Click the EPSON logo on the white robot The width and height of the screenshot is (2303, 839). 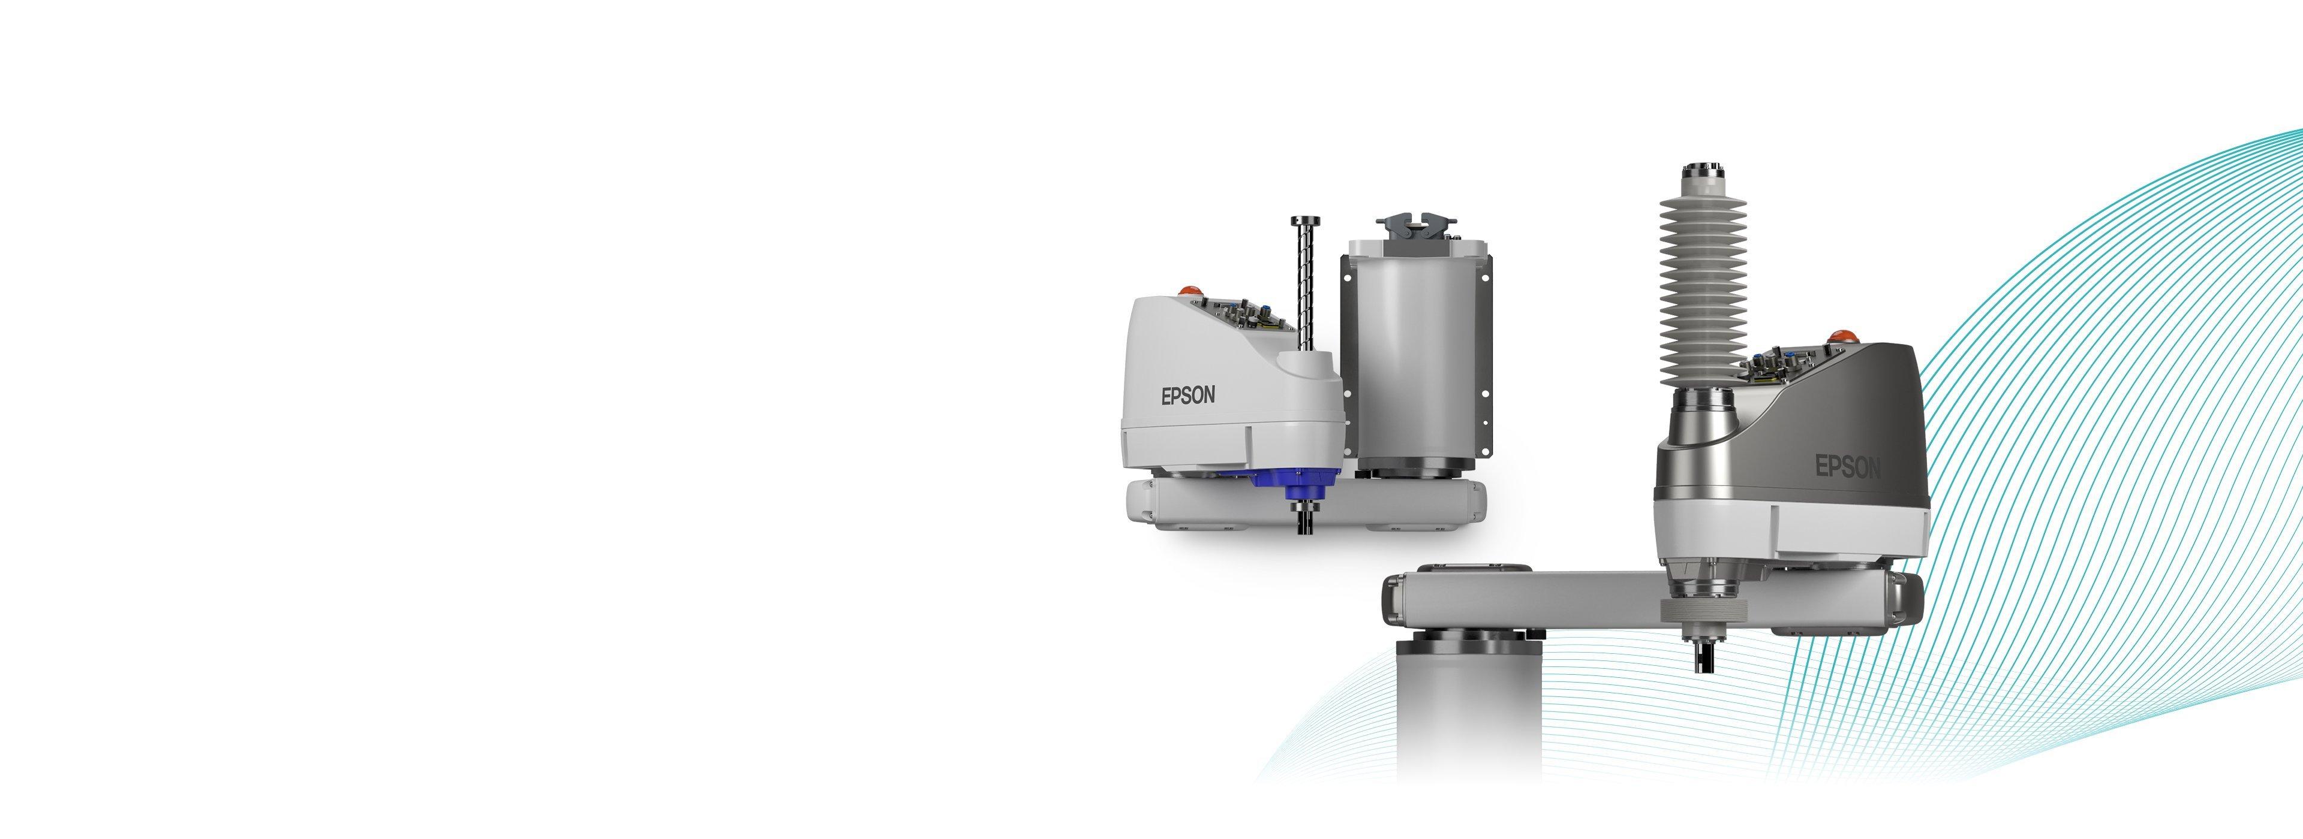(x=1188, y=395)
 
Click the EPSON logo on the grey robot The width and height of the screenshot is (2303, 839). (x=1847, y=466)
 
